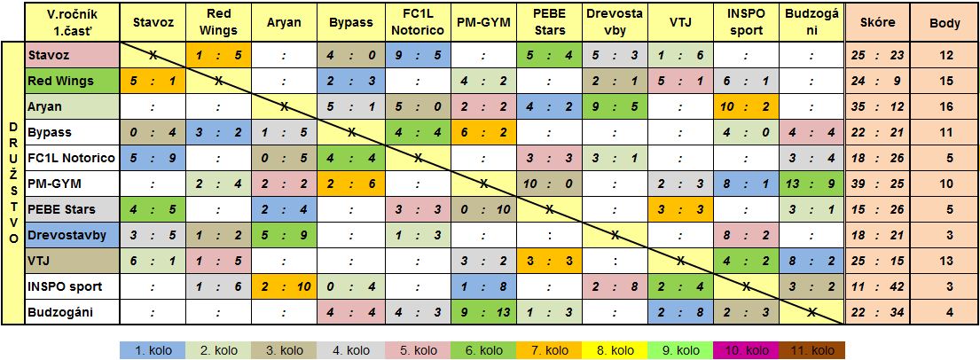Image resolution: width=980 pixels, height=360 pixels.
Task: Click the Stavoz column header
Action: (152, 22)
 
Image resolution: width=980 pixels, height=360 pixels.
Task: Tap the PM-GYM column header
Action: (483, 22)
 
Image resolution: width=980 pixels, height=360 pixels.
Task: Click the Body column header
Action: (945, 22)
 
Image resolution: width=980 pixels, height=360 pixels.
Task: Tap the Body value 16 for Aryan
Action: (945, 106)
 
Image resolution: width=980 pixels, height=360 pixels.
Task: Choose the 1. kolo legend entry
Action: (152, 350)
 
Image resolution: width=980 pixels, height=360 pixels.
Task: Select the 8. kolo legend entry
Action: (615, 350)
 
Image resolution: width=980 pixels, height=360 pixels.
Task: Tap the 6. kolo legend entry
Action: (483, 350)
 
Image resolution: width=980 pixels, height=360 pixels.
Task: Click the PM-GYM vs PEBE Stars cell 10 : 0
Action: (549, 184)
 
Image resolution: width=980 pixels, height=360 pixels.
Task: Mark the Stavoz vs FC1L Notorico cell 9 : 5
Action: (417, 55)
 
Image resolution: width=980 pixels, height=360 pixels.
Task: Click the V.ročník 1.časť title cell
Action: (72, 22)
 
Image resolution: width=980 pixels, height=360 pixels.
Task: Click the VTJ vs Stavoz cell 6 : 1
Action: (152, 261)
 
